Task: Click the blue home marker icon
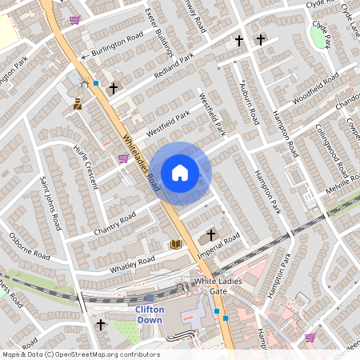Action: [180, 173]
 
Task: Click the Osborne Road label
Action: [29, 245]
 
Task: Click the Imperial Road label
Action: [219, 246]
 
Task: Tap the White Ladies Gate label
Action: [217, 287]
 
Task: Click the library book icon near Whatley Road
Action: [176, 244]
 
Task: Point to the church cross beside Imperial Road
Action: [211, 234]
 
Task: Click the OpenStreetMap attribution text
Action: [81, 354]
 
